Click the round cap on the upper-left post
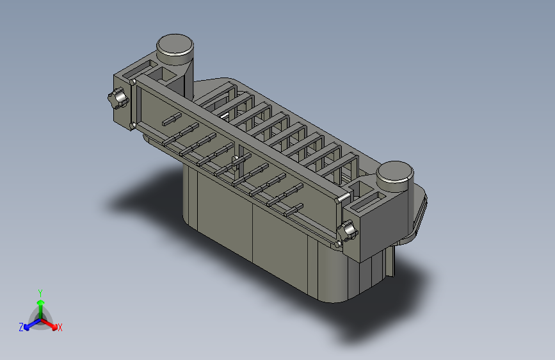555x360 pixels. pos(175,44)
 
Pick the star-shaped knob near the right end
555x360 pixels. pos(348,231)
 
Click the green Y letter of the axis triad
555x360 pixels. pos(40,292)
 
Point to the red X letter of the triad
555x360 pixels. pos(60,328)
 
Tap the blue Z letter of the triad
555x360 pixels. pos(20,327)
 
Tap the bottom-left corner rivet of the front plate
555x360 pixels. pos(133,126)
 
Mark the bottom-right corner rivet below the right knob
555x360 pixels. pos(337,244)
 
